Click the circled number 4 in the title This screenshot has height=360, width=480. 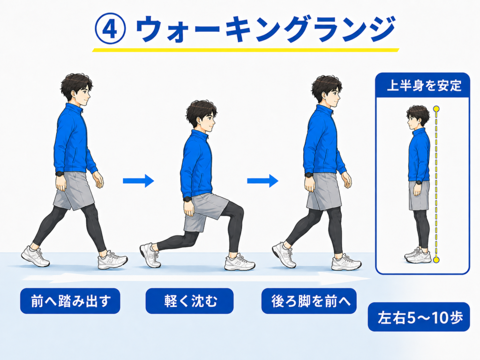[110, 29]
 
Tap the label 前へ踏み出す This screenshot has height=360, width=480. [70, 301]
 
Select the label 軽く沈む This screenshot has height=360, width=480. [189, 301]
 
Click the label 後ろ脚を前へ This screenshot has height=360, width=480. [309, 301]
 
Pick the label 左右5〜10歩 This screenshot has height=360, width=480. [419, 317]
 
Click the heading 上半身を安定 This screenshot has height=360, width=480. [424, 85]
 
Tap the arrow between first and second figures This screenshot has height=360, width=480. [138, 181]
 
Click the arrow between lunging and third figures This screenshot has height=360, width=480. [262, 181]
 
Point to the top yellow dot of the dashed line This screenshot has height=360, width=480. [436, 109]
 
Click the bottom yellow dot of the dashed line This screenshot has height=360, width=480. [436, 260]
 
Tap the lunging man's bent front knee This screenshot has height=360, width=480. [239, 211]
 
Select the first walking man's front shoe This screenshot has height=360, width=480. [112, 261]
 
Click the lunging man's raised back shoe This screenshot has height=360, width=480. [150, 255]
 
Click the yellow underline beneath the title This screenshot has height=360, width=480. [246, 50]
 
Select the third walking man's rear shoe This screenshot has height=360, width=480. [284, 255]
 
